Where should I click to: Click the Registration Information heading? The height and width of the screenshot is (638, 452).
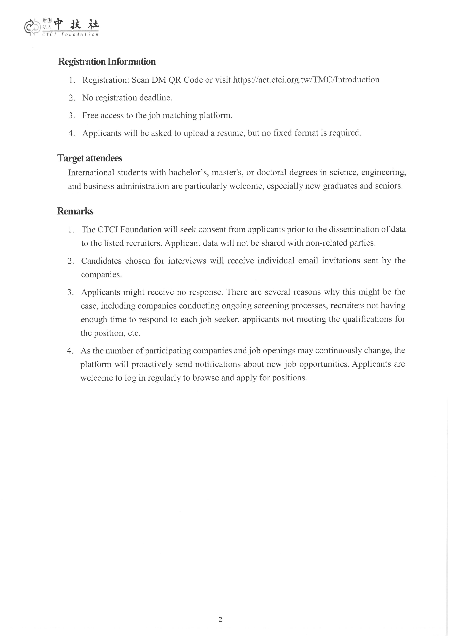coord(107,61)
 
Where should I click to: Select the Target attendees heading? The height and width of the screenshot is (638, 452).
coord(90,158)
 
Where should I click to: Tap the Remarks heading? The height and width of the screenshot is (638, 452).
coord(75,211)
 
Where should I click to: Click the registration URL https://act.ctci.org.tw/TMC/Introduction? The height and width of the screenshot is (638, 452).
coord(306,80)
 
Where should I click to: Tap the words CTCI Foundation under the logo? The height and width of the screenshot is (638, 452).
coord(70,34)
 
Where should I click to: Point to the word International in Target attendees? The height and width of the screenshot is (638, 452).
coord(91,173)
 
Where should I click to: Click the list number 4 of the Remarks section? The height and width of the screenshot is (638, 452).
coord(70,351)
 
